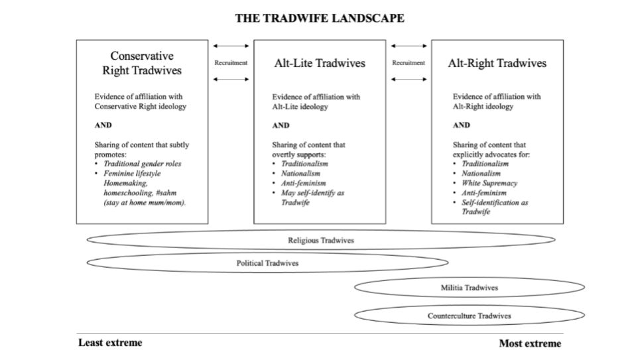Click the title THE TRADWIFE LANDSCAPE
319,19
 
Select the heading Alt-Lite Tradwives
320,64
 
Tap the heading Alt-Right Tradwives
497,64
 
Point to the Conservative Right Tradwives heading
142,63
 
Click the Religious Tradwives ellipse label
320,241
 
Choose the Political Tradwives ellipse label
267,263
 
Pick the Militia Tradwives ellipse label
469,288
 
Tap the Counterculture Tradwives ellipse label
469,316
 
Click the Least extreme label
110,343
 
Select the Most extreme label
530,343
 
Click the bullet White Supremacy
489,183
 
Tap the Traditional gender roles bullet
142,164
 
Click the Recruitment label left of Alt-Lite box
231,63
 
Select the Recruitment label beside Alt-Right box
409,63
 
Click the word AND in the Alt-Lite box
281,125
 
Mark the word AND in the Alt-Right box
461,125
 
